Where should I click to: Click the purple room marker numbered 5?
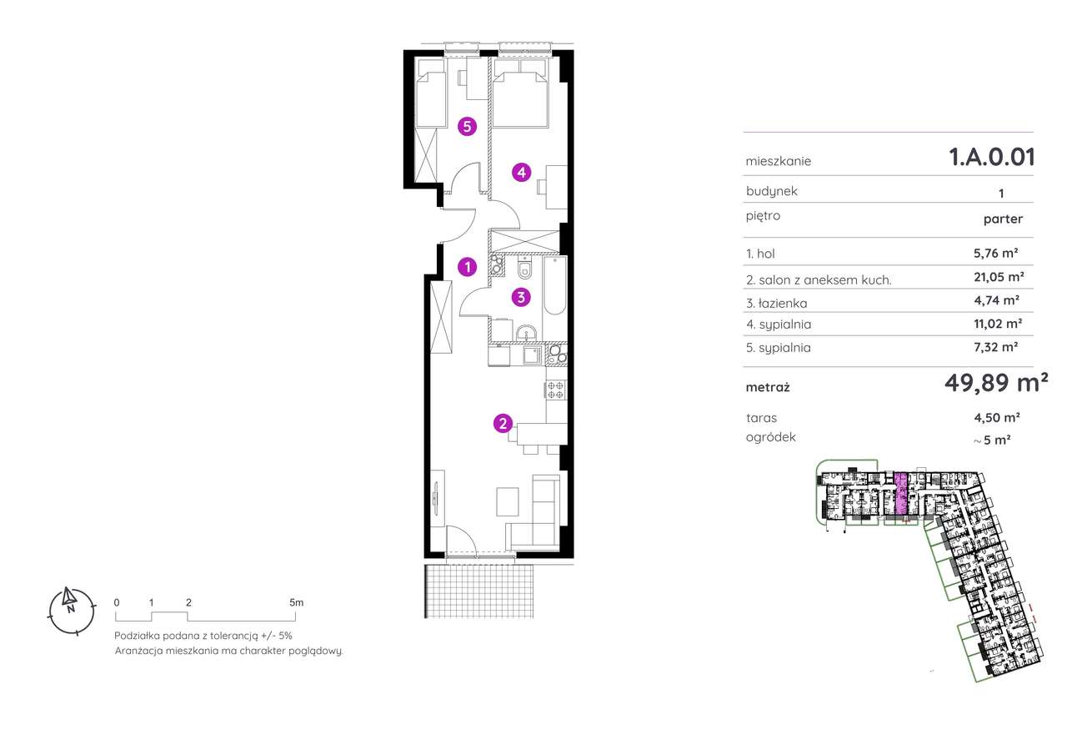point(467,127)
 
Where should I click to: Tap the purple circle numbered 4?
point(522,172)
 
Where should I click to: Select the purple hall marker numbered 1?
point(468,267)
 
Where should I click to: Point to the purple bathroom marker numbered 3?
point(521,298)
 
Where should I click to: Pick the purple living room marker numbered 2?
point(503,423)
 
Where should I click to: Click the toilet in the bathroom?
point(524,268)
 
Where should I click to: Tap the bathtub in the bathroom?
point(555,286)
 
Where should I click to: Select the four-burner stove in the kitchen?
point(556,390)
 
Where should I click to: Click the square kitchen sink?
point(532,355)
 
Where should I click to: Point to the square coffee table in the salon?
point(508,501)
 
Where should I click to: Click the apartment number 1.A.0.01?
point(992,157)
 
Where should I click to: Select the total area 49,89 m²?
point(996,382)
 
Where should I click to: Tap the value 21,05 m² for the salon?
point(999,276)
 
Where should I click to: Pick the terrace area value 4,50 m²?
point(996,417)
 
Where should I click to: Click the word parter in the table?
point(1003,219)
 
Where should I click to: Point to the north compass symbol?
point(72,612)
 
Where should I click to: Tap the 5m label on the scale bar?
point(296,602)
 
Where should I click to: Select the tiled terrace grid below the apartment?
point(478,591)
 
